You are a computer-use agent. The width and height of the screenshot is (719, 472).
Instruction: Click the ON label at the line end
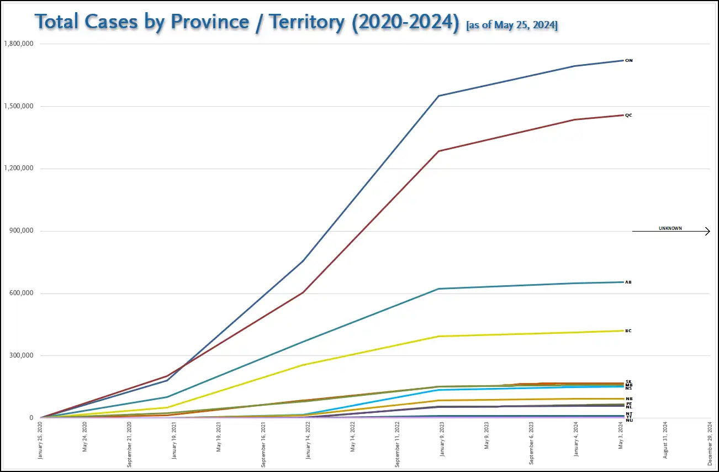tap(628, 61)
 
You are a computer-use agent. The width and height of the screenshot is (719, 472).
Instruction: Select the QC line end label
tap(628, 115)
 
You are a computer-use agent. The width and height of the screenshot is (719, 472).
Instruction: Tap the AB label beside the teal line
tap(628, 282)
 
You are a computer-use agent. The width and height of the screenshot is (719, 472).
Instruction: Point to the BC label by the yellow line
tap(628, 331)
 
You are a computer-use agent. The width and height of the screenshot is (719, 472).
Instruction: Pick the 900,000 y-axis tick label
tap(22, 231)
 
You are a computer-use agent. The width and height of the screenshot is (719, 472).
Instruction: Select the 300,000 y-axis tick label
tap(22, 355)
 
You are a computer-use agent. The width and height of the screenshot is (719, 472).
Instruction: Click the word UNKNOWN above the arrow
tap(670, 228)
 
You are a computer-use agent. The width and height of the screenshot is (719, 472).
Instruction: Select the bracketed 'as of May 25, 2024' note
tap(512, 25)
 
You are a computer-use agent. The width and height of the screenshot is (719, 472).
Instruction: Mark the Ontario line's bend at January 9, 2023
tap(438, 96)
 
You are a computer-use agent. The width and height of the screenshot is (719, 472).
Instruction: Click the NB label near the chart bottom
tap(629, 399)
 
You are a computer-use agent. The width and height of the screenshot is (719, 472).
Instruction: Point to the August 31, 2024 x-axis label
tap(666, 442)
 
